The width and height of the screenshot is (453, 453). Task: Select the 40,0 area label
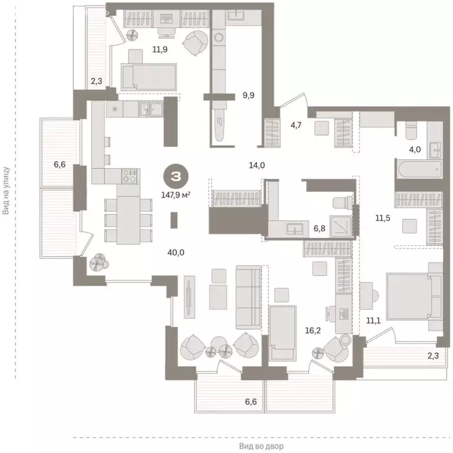pos(175,252)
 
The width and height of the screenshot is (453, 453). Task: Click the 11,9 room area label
pos(143,50)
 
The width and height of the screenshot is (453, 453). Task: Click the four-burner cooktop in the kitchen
pos(129,175)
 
